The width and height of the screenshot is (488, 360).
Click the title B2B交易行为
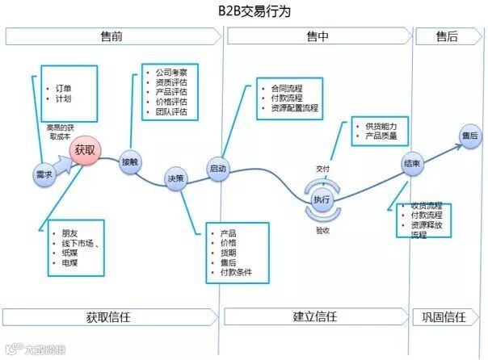243,11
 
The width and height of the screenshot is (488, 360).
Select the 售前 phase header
113,36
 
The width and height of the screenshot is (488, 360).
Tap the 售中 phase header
318,36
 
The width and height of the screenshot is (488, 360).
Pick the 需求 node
44,174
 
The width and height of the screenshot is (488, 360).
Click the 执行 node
322,200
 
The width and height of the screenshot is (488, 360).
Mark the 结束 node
411,164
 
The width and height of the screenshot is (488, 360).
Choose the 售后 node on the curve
469,136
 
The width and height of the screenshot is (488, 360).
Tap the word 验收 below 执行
322,230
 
